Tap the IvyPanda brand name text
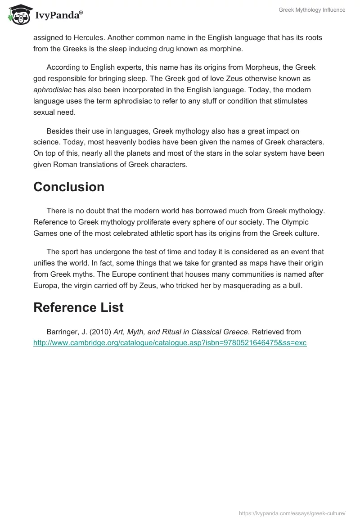click(x=58, y=15)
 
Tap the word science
click(x=45, y=142)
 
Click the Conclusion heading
click(x=69, y=187)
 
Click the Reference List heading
click(x=78, y=307)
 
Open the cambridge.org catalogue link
click(x=170, y=342)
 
